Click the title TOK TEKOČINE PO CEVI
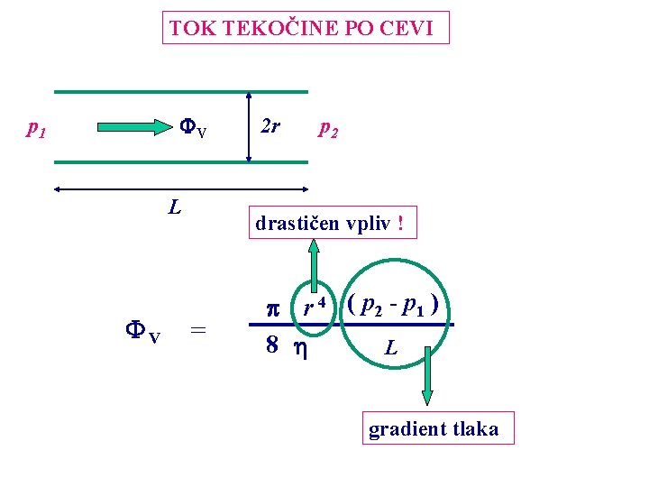pyautogui.click(x=306, y=28)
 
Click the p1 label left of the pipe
pyautogui.click(x=36, y=129)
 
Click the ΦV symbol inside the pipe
pyautogui.click(x=192, y=129)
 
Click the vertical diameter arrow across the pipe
pyautogui.click(x=247, y=127)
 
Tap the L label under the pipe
pyautogui.click(x=175, y=207)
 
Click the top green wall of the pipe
pyautogui.click(x=180, y=91)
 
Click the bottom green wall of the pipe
pyautogui.click(x=180, y=162)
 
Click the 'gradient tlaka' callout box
pyautogui.click(x=433, y=429)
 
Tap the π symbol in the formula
pyautogui.click(x=275, y=308)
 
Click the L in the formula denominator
pyautogui.click(x=390, y=345)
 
